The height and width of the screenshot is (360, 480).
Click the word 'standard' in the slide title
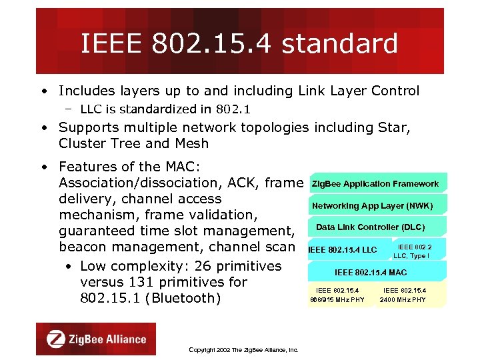click(339, 44)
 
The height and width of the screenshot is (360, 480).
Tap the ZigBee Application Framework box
click(375, 183)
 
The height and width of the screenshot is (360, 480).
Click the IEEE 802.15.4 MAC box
click(370, 272)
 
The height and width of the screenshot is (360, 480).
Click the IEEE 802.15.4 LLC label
click(343, 250)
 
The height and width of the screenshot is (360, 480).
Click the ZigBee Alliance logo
click(96, 339)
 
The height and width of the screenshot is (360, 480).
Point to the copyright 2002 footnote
click(243, 349)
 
